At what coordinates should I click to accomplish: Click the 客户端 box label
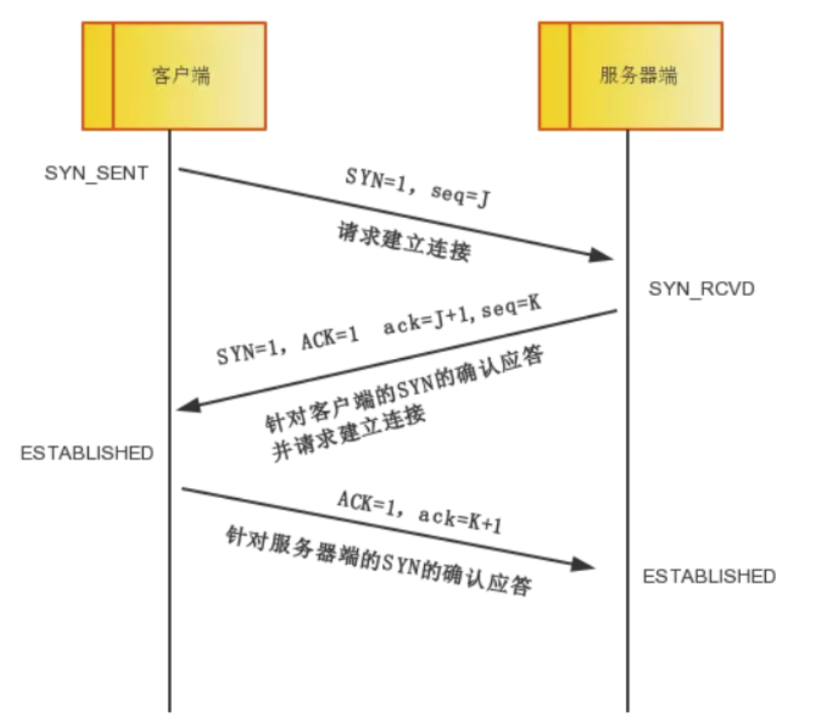[181, 75]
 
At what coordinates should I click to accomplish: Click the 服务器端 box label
[639, 75]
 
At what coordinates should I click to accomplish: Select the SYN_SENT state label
[96, 173]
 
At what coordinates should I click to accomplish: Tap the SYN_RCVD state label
[701, 288]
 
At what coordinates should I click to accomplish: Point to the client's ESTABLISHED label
[87, 452]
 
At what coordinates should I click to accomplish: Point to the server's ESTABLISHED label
[709, 576]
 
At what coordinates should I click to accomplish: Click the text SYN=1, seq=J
[418, 187]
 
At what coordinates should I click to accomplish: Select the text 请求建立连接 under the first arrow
[404, 241]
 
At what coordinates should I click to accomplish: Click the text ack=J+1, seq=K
[462, 314]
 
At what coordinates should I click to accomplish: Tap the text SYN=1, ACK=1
[287, 345]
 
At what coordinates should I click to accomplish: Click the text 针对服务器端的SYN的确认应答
[379, 560]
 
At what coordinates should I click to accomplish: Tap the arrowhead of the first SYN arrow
[601, 255]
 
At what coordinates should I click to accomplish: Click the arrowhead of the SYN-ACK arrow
[189, 405]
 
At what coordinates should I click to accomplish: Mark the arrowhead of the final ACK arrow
[582, 564]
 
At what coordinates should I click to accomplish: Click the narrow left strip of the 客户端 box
[97, 76]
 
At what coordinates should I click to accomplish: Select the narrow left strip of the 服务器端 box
[554, 76]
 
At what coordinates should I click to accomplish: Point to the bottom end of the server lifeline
[627, 712]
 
